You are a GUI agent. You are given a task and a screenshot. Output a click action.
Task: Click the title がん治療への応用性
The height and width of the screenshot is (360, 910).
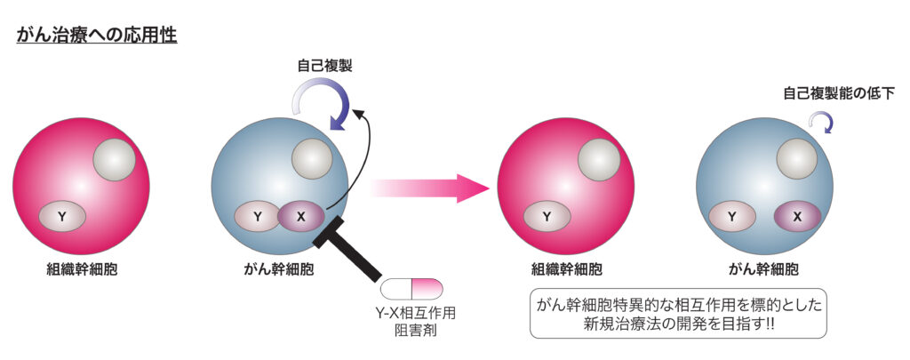click(97, 36)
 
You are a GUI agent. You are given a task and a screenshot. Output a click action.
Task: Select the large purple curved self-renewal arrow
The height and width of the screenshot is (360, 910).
click(327, 103)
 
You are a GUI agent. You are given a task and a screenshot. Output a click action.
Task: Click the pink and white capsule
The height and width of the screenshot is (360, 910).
click(411, 288)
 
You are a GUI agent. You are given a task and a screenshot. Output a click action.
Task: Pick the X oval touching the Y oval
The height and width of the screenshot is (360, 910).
click(301, 216)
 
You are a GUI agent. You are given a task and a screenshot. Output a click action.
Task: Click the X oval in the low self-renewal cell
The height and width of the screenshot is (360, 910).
click(797, 216)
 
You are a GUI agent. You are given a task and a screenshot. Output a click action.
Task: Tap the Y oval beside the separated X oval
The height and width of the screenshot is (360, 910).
click(731, 216)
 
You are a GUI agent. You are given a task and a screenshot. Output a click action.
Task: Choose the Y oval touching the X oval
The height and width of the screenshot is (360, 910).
click(258, 216)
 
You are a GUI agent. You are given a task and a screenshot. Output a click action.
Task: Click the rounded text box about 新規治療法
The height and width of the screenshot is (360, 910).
click(677, 313)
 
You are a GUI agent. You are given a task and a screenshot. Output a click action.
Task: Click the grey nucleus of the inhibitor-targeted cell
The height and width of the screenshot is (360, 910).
click(312, 159)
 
